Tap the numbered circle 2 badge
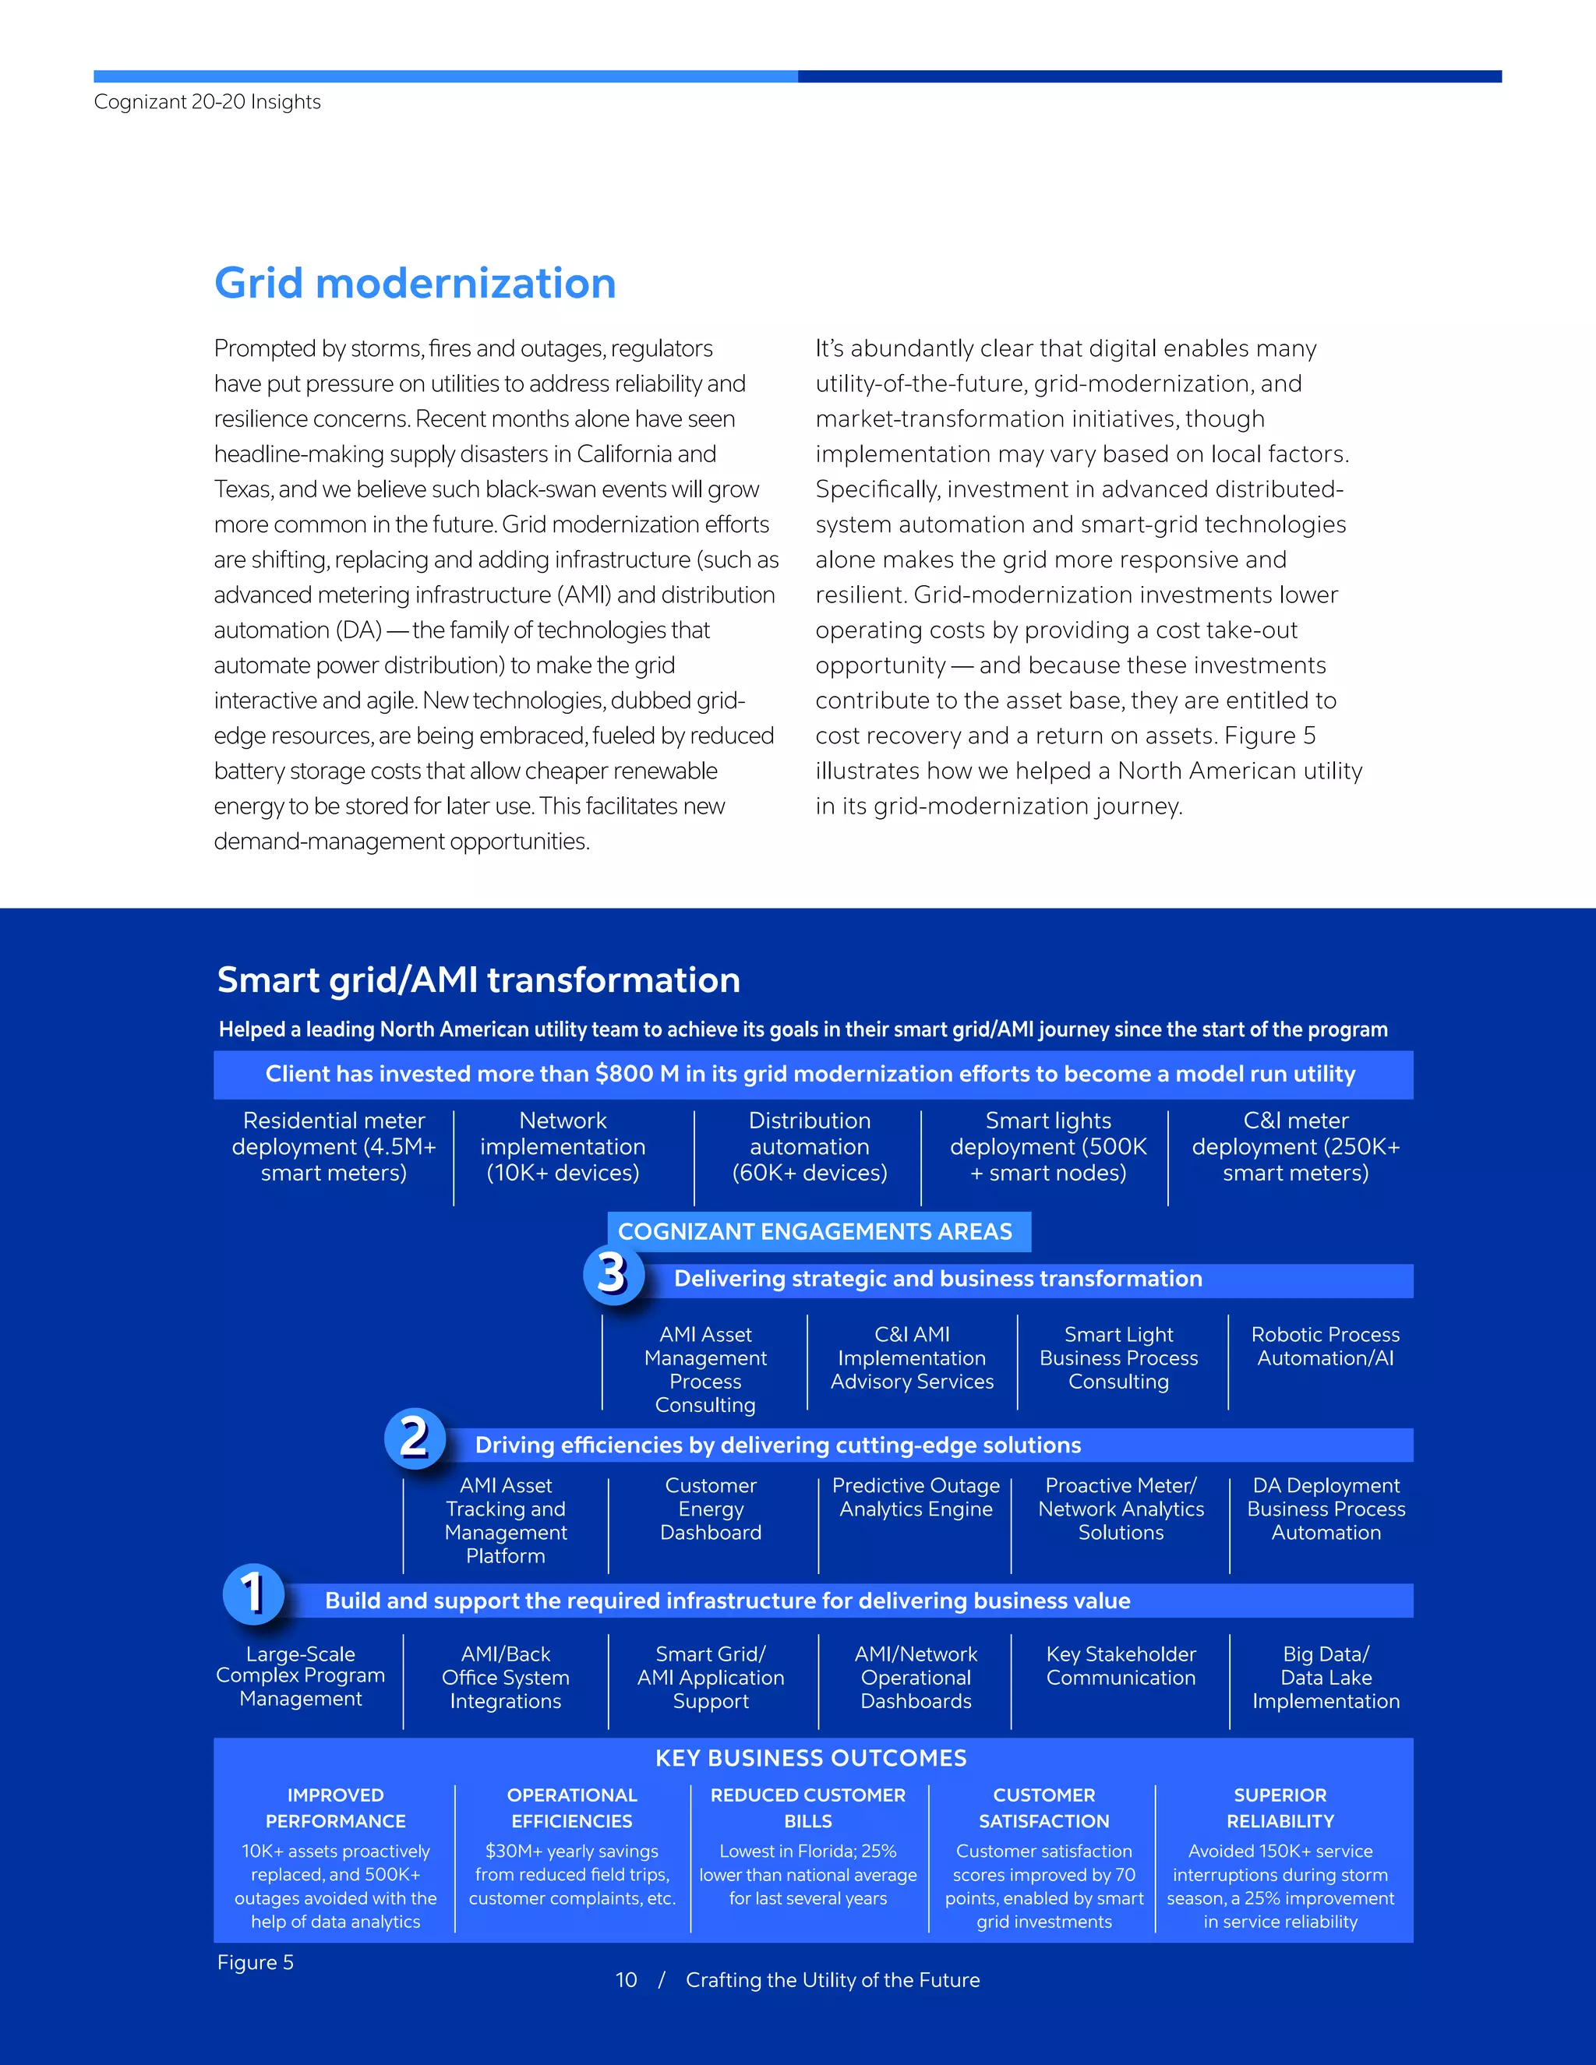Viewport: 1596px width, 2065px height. click(x=414, y=1438)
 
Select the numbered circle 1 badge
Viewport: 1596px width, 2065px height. click(x=252, y=1594)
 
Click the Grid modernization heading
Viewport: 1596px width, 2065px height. click(x=415, y=284)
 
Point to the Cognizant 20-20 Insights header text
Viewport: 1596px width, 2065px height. click(x=207, y=102)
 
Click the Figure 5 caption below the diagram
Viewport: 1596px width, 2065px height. click(x=256, y=1962)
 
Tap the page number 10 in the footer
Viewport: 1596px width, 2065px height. click(x=626, y=1980)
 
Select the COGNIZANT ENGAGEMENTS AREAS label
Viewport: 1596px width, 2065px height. click(x=815, y=1231)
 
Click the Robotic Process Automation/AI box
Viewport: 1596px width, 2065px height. click(x=1325, y=1347)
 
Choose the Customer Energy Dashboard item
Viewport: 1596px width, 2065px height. click(x=711, y=1509)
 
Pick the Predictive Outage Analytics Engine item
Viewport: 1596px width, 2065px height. click(x=915, y=1498)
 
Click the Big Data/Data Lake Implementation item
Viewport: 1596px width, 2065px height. click(x=1326, y=1678)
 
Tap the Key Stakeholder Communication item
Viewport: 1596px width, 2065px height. click(x=1121, y=1666)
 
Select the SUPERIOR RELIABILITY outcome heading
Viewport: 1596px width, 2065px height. click(x=1280, y=1808)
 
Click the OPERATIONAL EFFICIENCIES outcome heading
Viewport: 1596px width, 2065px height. click(x=572, y=1808)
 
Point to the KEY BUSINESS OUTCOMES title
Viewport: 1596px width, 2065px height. click(x=811, y=1758)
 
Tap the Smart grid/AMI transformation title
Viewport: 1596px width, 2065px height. click(x=478, y=980)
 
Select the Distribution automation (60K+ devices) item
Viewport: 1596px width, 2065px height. click(x=810, y=1147)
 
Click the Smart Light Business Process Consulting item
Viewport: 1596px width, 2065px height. click(x=1118, y=1357)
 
